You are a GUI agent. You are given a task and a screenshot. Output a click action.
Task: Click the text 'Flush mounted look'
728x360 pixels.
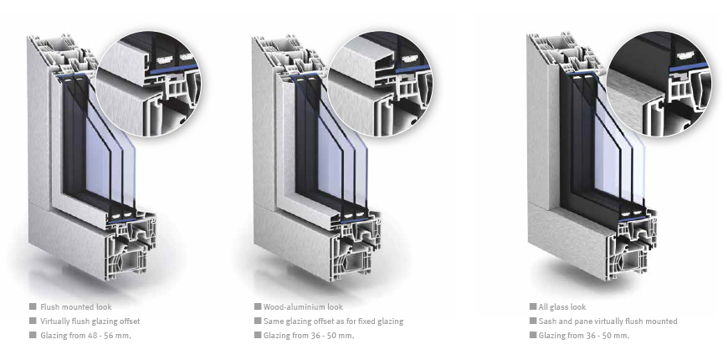click(x=75, y=307)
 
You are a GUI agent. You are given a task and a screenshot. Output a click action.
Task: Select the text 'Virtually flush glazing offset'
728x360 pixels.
click(x=90, y=321)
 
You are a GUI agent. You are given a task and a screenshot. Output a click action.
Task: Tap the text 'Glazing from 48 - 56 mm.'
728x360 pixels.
click(x=85, y=336)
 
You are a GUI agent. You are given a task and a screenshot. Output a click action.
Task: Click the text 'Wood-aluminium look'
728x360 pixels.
click(x=303, y=307)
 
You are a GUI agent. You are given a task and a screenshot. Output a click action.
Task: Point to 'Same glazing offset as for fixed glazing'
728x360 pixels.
click(x=333, y=321)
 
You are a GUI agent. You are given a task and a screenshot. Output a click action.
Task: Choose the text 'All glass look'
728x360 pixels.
click(x=562, y=307)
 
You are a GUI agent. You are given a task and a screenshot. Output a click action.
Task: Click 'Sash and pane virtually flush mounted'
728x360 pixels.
click(x=608, y=321)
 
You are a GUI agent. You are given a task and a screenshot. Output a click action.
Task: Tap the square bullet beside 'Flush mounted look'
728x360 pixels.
click(x=33, y=306)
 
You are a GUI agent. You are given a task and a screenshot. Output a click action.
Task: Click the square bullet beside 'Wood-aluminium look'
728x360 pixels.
click(x=258, y=306)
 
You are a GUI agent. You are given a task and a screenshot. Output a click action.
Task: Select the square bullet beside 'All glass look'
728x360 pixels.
click(x=533, y=306)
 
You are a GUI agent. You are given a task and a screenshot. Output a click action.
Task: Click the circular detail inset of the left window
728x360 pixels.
click(x=149, y=84)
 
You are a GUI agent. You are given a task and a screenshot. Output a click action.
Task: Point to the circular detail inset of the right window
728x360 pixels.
click(x=659, y=84)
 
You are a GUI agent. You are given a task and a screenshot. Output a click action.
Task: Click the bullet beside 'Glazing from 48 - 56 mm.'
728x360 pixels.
click(x=33, y=335)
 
